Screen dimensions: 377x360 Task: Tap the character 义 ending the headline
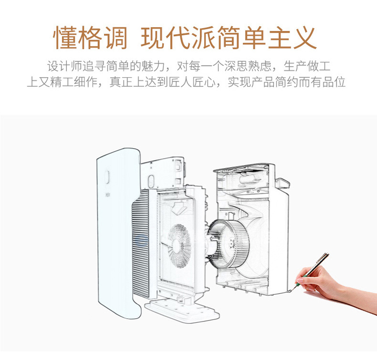click(x=304, y=38)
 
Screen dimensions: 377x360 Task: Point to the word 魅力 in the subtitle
click(x=153, y=66)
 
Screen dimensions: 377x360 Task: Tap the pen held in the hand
click(x=313, y=271)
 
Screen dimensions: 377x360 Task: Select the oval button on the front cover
click(x=107, y=177)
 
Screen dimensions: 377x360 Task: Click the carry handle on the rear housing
click(x=283, y=183)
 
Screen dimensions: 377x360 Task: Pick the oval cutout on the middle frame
click(x=151, y=181)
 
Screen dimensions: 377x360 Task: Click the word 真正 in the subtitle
click(x=121, y=82)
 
